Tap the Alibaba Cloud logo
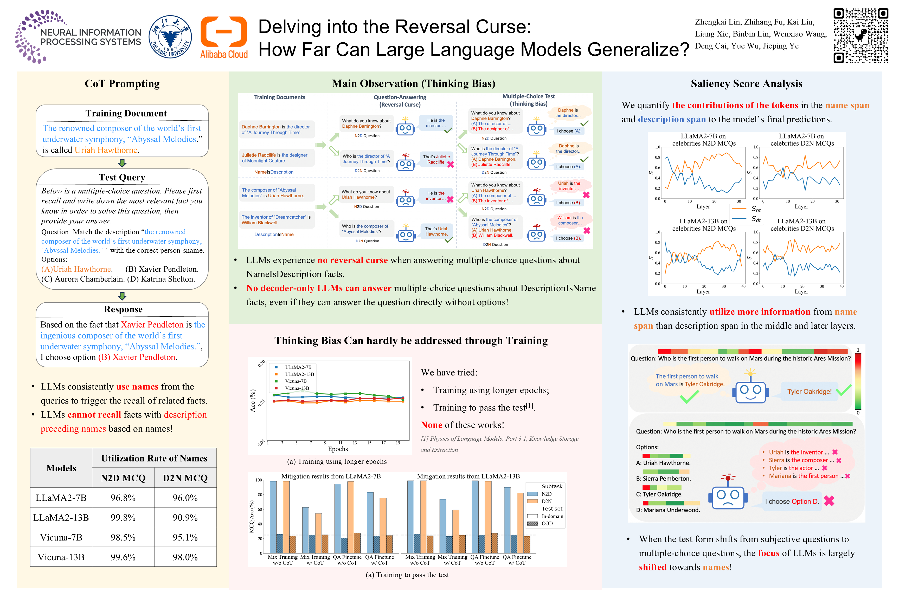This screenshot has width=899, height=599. pyautogui.click(x=224, y=37)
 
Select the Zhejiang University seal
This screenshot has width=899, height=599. pyautogui.click(x=170, y=37)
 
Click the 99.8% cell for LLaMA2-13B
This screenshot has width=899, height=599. pyautogui.click(x=123, y=518)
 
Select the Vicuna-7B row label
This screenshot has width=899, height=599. pyautogui.click(x=61, y=537)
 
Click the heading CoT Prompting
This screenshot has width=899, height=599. pyautogui.click(x=122, y=84)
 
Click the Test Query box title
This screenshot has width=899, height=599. pyautogui.click(x=122, y=177)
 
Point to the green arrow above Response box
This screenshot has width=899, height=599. pyautogui.click(x=122, y=296)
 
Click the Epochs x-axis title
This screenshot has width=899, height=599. pyautogui.click(x=338, y=449)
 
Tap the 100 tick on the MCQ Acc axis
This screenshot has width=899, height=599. pyautogui.click(x=259, y=480)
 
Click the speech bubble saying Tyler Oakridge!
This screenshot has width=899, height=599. pyautogui.click(x=809, y=392)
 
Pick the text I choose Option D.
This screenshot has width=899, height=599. pyautogui.click(x=792, y=502)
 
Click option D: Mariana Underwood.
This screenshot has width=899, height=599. pyautogui.click(x=668, y=510)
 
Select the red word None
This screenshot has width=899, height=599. pyautogui.click(x=431, y=425)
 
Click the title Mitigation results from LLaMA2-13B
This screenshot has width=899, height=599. pyautogui.click(x=468, y=476)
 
